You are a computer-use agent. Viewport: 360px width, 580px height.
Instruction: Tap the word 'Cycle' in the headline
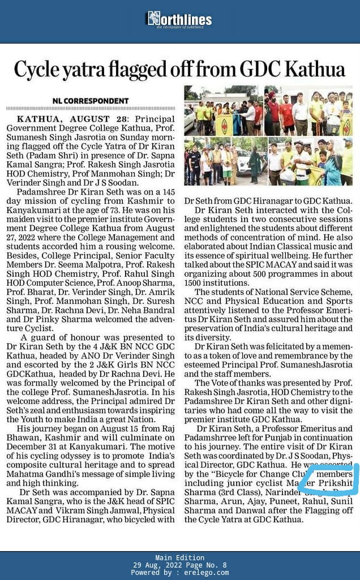(x=38, y=69)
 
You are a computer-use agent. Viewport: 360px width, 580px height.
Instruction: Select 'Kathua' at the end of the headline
(x=318, y=69)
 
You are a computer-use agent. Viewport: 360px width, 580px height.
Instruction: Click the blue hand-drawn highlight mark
(x=329, y=479)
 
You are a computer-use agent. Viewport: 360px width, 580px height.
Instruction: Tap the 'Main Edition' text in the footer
(x=179, y=558)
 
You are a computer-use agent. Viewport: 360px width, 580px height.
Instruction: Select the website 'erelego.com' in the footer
(x=207, y=573)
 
